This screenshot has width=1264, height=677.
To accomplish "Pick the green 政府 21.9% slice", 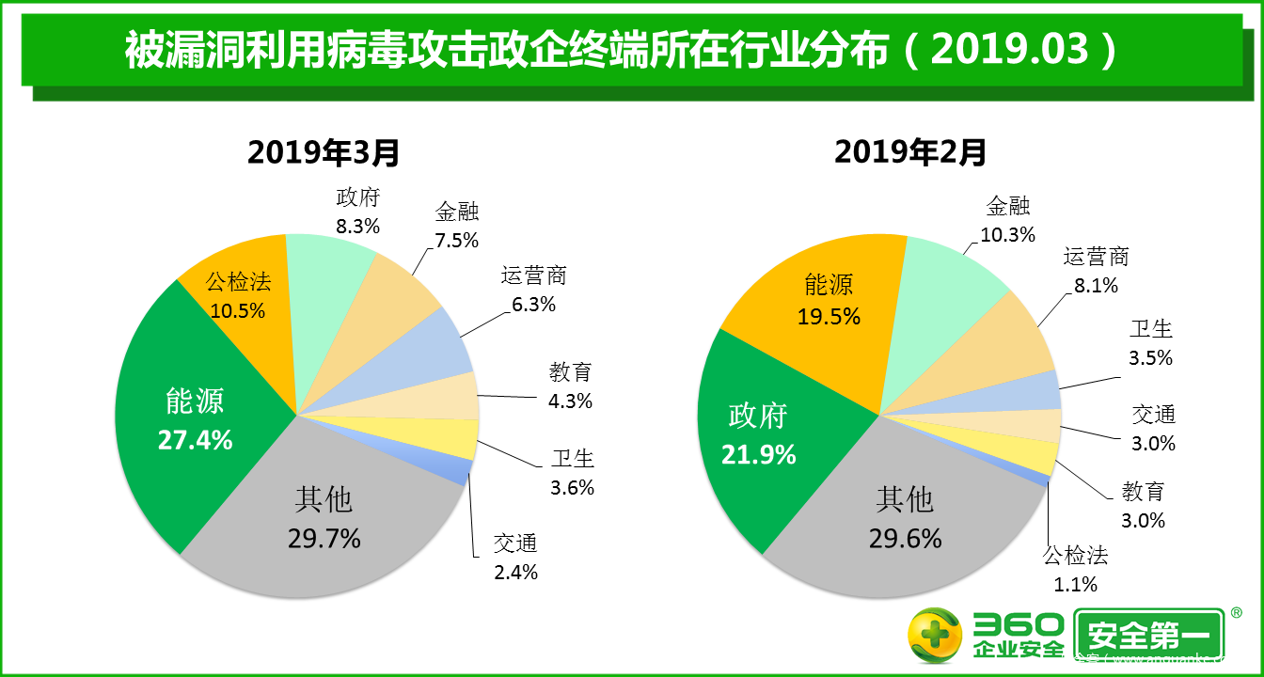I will coord(758,433).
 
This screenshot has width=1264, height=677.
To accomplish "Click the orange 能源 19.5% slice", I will coord(829,300).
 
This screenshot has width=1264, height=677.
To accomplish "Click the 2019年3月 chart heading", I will coord(324,151).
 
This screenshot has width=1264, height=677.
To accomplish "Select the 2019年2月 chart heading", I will coord(910,151).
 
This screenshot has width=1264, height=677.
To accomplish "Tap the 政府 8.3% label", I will coord(357,212).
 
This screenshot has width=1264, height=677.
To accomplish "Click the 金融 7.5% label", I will coord(457,226).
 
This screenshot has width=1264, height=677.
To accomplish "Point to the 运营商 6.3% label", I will coord(533,290).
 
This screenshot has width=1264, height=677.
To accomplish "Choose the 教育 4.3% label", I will coord(571,386).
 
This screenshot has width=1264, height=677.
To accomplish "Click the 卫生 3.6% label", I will coord(572,473).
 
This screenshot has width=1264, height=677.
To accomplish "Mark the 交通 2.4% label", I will coord(515,557).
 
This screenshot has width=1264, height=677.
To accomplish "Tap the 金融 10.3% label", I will coord(1007,220).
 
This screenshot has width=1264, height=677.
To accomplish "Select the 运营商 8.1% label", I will coord(1096,271).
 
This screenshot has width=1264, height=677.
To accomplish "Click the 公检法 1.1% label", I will coord(1076,569).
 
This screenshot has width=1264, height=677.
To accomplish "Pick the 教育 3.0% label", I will coord(1143,505).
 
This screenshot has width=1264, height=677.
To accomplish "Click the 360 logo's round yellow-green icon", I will coord(934,636).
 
